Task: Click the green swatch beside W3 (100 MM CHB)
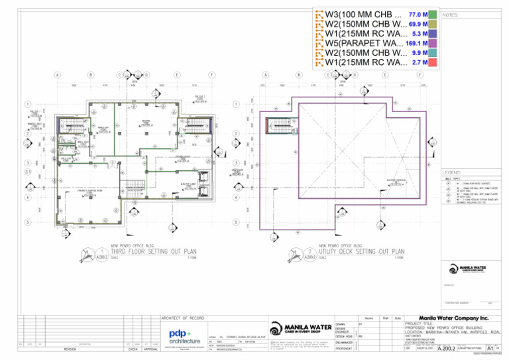(431, 14)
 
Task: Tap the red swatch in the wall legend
(431, 62)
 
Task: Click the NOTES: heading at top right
(450, 15)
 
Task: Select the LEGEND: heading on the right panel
(453, 172)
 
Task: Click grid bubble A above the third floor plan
(58, 75)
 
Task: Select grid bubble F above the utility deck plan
(420, 75)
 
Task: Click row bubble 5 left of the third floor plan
(27, 221)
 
